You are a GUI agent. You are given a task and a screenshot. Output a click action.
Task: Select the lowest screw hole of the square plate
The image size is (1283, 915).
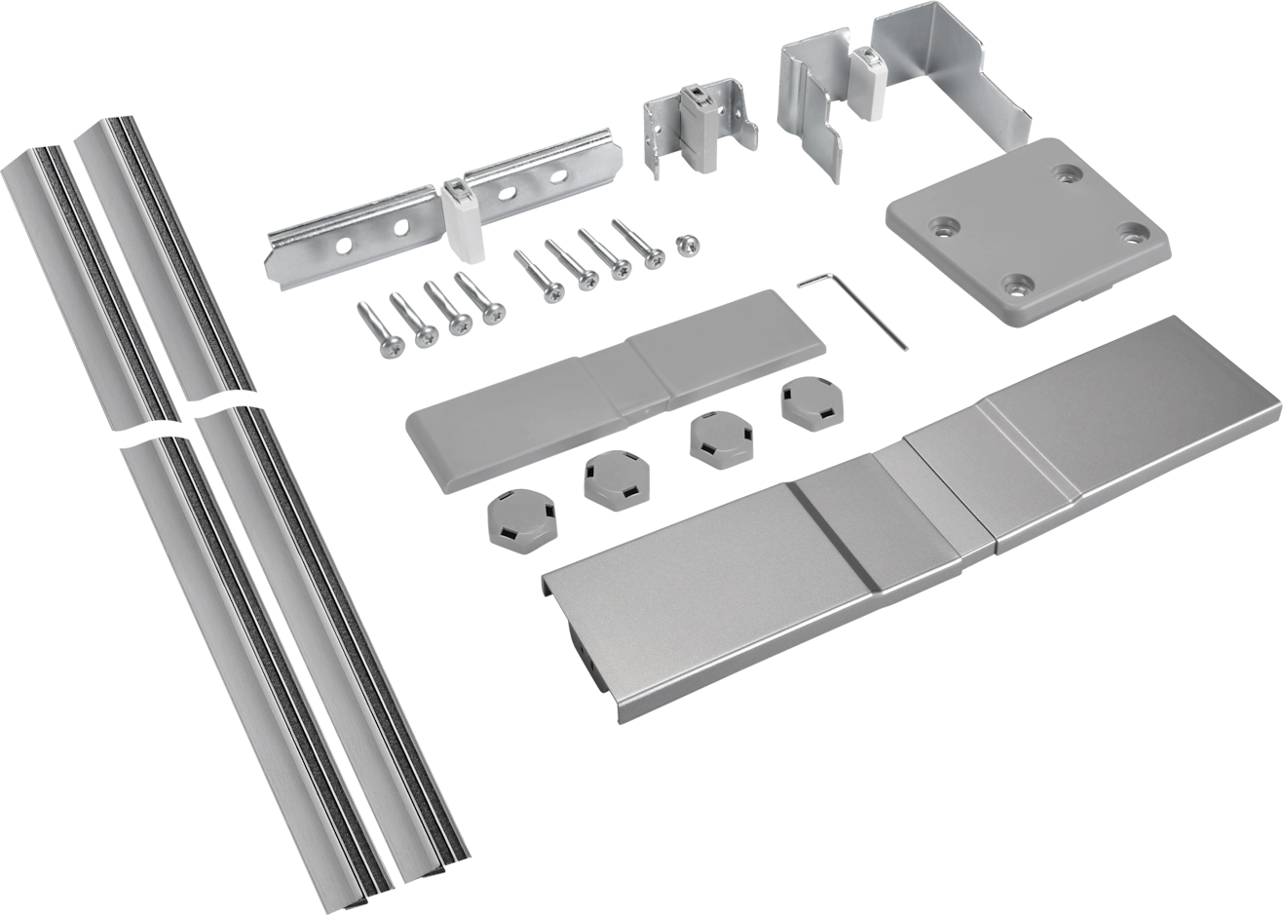click(x=1018, y=286)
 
